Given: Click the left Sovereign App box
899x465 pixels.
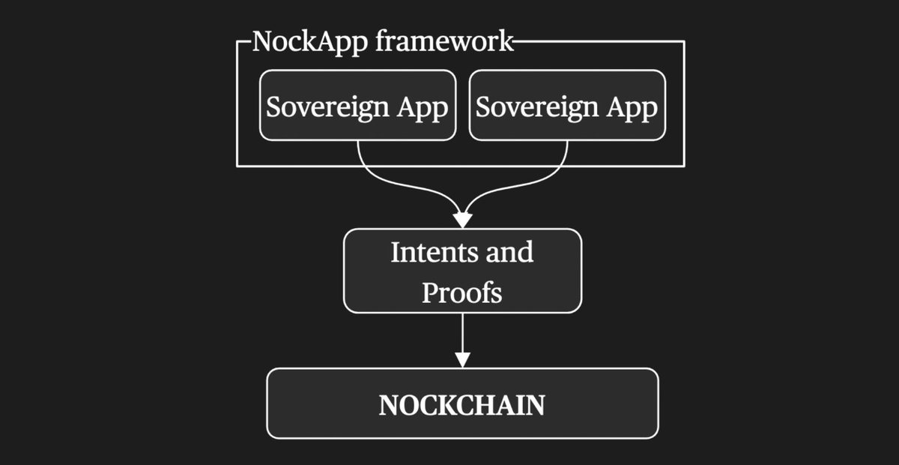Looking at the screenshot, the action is click(357, 105).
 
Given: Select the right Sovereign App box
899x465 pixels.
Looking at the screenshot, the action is click(567, 105).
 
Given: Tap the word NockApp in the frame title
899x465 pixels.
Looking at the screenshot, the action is click(308, 41).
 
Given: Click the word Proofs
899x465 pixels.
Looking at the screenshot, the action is click(461, 292).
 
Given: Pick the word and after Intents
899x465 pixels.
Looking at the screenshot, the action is click(508, 252).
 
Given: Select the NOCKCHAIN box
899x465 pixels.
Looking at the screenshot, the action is click(462, 403).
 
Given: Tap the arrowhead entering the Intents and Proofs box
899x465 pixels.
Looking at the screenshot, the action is click(462, 220).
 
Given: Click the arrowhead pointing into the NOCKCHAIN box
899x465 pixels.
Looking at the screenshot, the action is click(462, 359).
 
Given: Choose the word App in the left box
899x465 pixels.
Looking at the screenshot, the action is click(428, 106).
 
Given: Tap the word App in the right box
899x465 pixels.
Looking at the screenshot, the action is click(638, 106).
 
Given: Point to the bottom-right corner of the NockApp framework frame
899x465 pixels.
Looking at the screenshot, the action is click(684, 166).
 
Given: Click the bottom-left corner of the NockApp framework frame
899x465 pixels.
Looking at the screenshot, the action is click(237, 166).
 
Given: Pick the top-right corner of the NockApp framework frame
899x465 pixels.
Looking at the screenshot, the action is click(684, 42).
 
